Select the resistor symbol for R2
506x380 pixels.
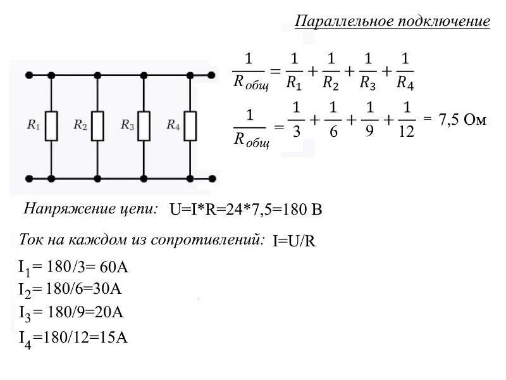pos(97,126)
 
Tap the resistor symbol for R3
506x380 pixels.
pos(144,126)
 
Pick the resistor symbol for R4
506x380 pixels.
pos(190,126)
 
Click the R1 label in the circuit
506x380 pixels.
pos(34,125)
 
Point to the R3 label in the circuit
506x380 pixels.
pos(126,125)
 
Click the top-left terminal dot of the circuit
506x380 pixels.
pos(28,75)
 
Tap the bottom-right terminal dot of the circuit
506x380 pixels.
pos(213,179)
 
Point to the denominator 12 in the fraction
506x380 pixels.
pos(407,131)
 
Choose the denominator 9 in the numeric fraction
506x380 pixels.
pos(370,131)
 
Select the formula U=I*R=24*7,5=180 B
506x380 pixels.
pos(246,210)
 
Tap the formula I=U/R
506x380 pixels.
pos(294,241)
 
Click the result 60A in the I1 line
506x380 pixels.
pos(114,267)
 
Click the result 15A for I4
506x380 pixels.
pos(114,338)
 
